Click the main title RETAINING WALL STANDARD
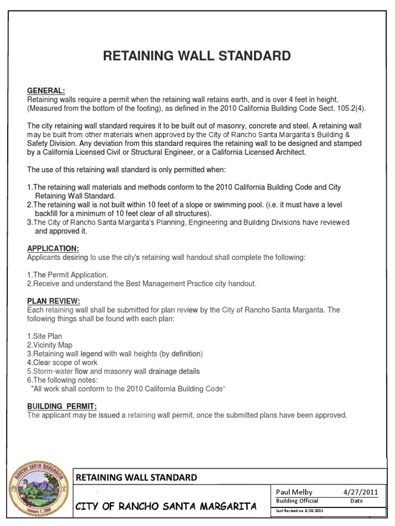(197, 56)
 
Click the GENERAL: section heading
(46, 90)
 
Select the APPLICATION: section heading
(53, 249)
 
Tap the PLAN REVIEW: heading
(53, 302)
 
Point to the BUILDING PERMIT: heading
(62, 406)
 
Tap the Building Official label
(297, 501)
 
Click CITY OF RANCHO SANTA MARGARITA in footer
(166, 507)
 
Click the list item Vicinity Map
(50, 345)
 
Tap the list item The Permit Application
(67, 275)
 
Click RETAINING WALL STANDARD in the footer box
(136, 477)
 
